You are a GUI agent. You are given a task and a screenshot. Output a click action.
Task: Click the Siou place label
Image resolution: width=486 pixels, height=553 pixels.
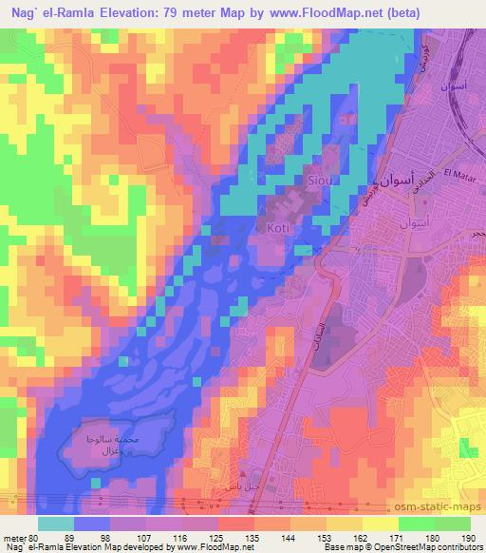pyautogui.click(x=317, y=179)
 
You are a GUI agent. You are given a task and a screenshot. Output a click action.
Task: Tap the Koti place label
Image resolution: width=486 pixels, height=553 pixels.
pyautogui.click(x=276, y=229)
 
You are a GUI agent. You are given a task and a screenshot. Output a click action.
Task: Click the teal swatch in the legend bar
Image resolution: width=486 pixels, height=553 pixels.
pyautogui.click(x=56, y=523)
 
